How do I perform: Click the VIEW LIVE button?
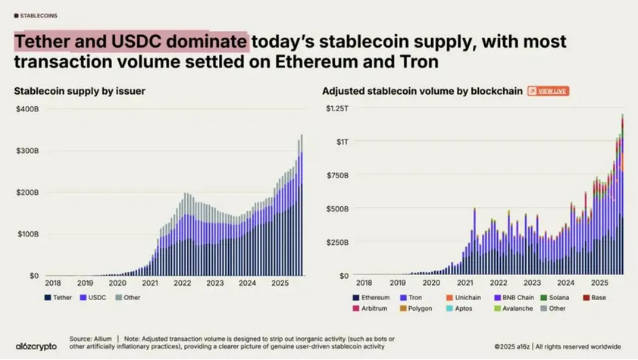tap(548, 91)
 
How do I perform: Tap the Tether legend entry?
tap(58, 297)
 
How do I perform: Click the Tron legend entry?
tap(412, 297)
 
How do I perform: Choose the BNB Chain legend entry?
tap(517, 297)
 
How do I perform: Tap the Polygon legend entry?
tap(417, 308)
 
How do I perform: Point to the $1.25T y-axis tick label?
tap(337, 110)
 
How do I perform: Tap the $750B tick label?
tap(338, 176)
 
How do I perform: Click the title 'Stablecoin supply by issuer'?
tap(80, 92)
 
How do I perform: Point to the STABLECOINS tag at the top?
tap(38, 15)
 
